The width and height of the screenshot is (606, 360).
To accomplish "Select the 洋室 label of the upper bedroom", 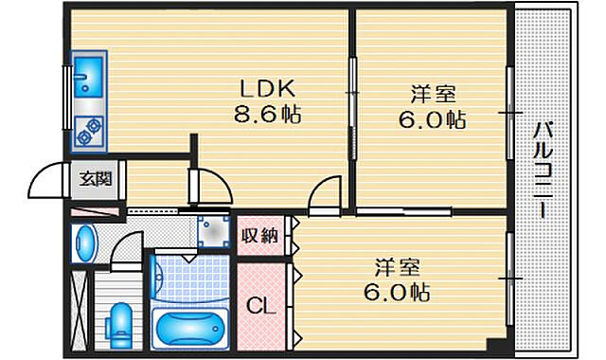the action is (434, 95).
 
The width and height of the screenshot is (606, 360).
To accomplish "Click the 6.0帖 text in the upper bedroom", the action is (434, 120).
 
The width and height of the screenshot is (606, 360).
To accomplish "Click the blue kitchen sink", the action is (90, 74).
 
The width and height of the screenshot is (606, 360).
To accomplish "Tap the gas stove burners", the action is (91, 132).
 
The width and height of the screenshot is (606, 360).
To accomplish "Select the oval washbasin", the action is (85, 243).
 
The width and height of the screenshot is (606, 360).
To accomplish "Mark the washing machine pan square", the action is (215, 230).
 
